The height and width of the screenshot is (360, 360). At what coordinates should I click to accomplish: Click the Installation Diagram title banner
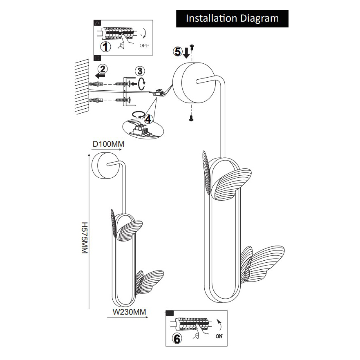232,18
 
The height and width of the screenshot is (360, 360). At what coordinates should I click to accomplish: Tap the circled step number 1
105,47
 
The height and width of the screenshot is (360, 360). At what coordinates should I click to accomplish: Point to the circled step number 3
140,71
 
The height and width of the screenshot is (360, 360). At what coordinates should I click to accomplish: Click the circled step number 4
148,119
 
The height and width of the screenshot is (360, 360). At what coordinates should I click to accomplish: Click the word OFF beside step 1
144,45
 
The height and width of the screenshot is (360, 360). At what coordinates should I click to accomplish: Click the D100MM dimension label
108,144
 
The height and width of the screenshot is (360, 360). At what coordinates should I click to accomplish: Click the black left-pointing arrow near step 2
99,75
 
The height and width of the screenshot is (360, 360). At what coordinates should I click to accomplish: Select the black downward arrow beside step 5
186,52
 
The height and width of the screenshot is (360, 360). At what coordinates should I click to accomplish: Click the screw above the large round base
192,48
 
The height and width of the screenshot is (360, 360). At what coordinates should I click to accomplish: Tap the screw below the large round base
190,119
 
